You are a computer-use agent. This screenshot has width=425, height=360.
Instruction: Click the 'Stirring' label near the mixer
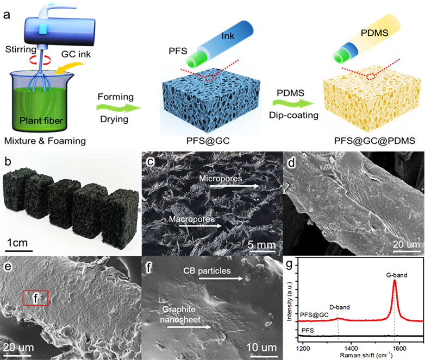(21, 49)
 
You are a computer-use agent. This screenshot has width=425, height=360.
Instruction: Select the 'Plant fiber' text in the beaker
(41, 121)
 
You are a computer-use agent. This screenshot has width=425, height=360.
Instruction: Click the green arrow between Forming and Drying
(118, 108)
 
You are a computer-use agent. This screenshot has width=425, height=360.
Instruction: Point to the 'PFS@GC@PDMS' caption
(374, 141)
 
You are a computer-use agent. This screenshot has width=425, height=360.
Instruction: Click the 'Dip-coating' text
(293, 115)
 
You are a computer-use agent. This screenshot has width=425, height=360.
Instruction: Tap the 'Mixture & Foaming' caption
(45, 141)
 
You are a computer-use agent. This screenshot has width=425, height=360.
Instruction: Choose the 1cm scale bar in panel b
(18, 251)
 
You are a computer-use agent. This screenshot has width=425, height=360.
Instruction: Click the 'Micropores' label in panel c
(221, 179)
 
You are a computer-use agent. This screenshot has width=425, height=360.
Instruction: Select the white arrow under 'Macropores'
(201, 226)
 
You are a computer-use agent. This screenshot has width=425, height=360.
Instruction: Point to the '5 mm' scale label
(261, 245)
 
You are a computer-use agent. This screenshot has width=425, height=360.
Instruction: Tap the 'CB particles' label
(207, 271)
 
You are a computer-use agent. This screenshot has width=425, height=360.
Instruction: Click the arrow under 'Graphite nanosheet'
(189, 327)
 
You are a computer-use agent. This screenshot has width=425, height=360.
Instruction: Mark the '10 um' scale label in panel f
(261, 348)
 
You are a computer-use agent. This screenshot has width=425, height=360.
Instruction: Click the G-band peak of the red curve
(395, 281)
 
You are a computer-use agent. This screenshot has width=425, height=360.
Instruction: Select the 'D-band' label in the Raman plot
(339, 307)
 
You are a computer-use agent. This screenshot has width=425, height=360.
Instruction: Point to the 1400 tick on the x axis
(351, 348)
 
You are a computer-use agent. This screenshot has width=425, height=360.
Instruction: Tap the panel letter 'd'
(291, 163)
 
